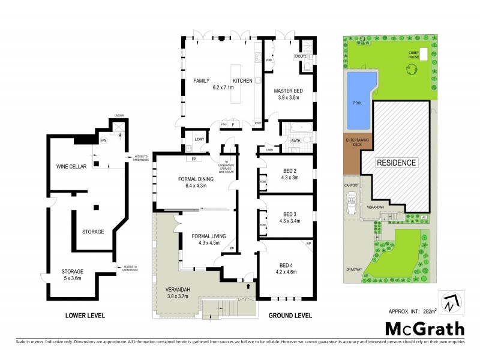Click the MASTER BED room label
click(288, 91)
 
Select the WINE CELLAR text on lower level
click(71, 166)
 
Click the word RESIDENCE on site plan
click(395, 163)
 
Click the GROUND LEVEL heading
click(290, 315)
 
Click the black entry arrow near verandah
click(247, 286)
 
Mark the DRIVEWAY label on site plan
click(354, 269)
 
